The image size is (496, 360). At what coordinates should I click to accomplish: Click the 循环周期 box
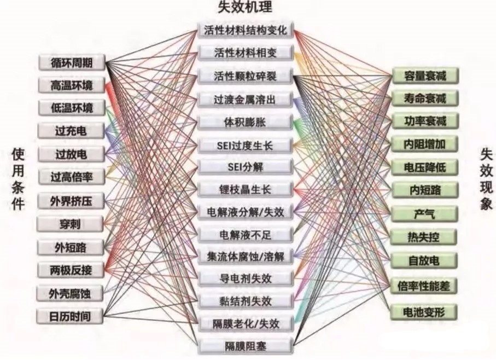[x=72, y=62]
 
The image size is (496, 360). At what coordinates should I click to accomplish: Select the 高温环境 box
[x=72, y=85]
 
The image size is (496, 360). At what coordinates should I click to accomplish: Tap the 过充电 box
[x=71, y=131]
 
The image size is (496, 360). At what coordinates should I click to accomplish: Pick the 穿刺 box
[x=70, y=224]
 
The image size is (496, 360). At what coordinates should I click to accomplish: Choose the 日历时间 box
[x=70, y=316]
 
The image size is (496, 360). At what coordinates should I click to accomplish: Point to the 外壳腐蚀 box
[x=70, y=293]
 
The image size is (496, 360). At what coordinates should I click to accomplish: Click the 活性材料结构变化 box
[x=246, y=30]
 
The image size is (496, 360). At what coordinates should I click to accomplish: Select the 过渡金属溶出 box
[x=245, y=100]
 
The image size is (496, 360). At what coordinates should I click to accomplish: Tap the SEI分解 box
[x=245, y=167]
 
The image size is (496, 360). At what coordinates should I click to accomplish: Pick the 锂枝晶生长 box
[x=246, y=189]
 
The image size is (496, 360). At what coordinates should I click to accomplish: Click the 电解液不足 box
[x=246, y=234]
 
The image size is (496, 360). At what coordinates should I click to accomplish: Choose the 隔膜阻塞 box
[x=246, y=346]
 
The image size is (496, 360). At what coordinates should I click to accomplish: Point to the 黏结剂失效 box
[x=246, y=301]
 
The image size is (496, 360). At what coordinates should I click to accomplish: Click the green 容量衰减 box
[x=425, y=76]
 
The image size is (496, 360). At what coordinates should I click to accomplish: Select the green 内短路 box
[x=425, y=190]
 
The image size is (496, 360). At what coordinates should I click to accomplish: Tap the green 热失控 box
[x=424, y=236]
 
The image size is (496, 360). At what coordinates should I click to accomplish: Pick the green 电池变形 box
[x=424, y=312]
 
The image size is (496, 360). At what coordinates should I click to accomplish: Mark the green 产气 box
[x=424, y=213]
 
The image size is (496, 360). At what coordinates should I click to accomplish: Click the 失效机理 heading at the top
[x=245, y=7]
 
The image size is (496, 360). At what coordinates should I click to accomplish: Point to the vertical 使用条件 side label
[x=18, y=179]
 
